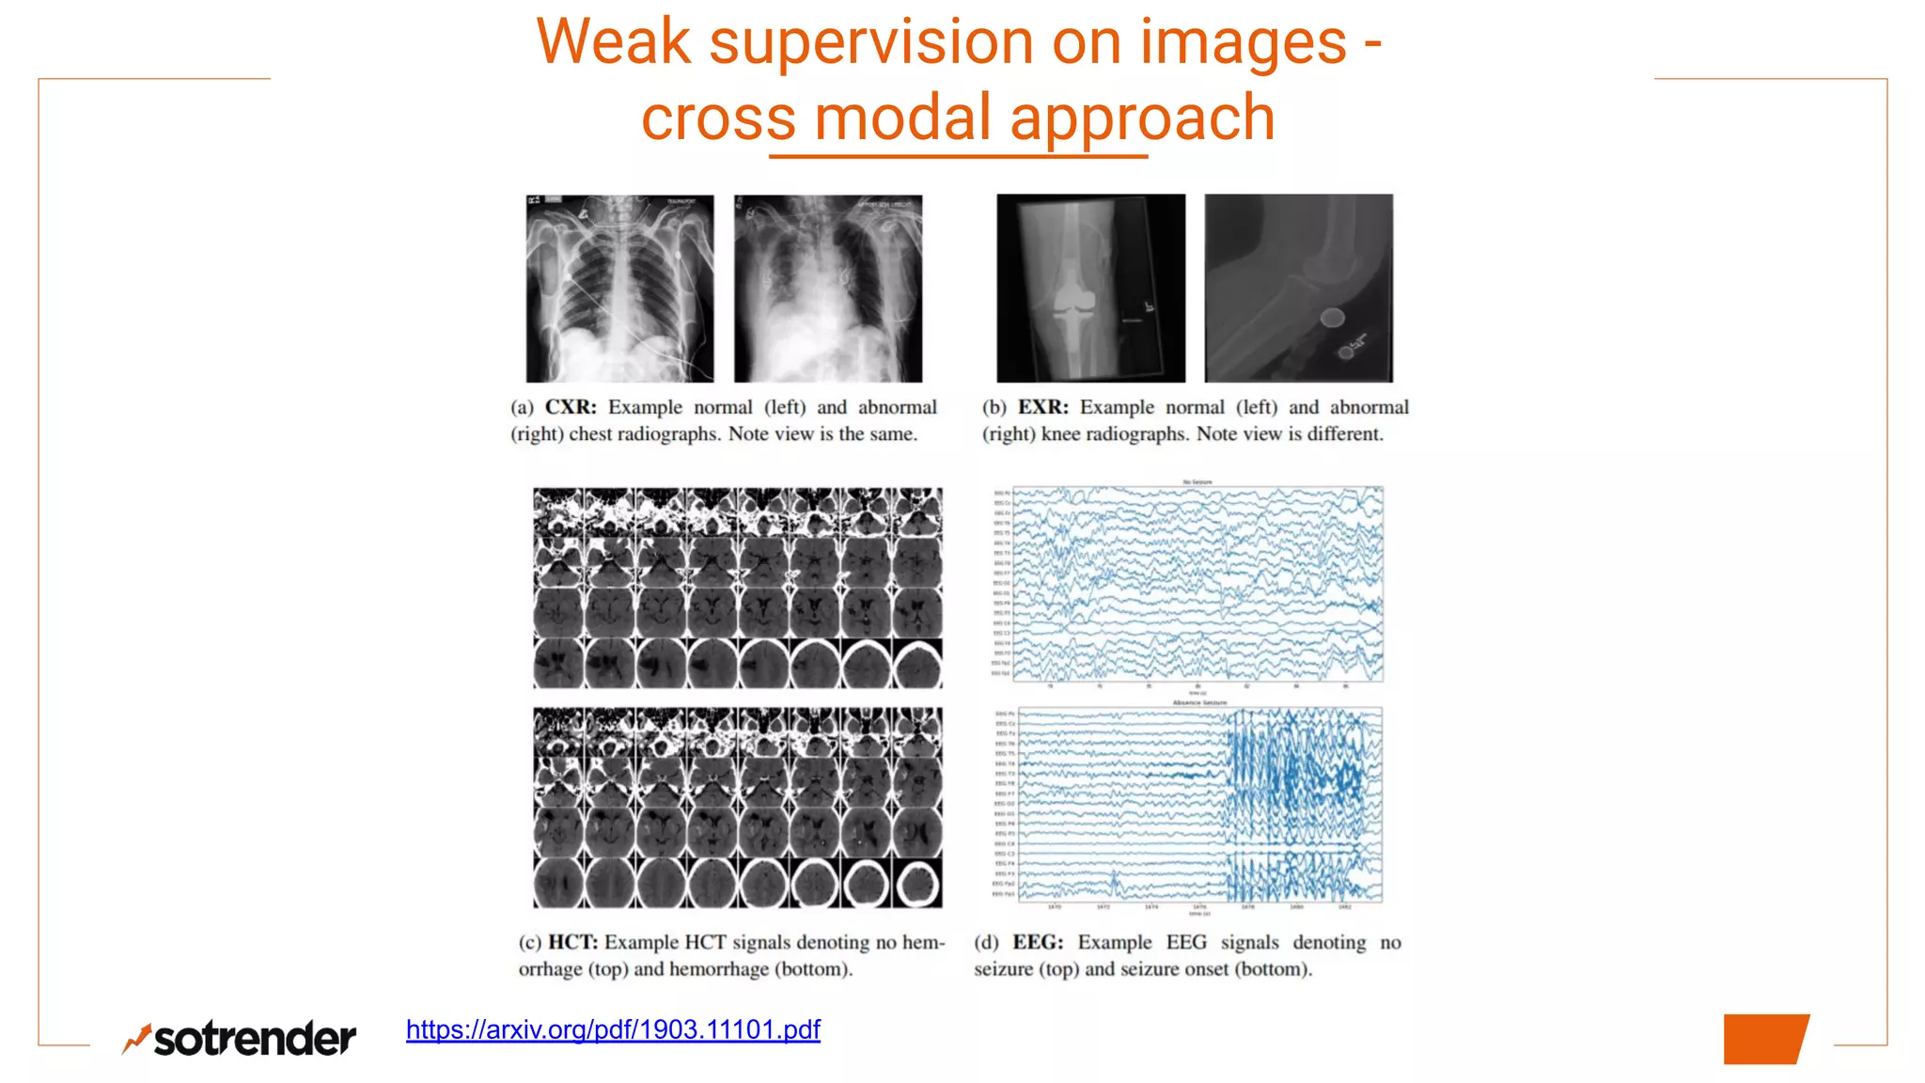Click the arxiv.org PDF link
(x=613, y=1029)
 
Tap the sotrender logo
(x=240, y=1038)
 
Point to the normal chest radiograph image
(x=619, y=288)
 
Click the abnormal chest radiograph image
(x=828, y=288)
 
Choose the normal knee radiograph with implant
(x=1090, y=288)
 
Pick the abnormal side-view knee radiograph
(x=1299, y=288)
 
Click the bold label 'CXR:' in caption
(x=571, y=407)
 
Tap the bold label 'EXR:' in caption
(x=1043, y=407)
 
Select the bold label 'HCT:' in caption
(x=572, y=942)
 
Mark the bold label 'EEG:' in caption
(x=1038, y=942)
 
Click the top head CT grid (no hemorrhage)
(x=738, y=588)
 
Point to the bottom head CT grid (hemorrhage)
(x=738, y=808)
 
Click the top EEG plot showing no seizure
(x=1197, y=584)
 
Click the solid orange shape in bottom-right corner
(x=1765, y=1039)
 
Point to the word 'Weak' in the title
(x=613, y=42)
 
